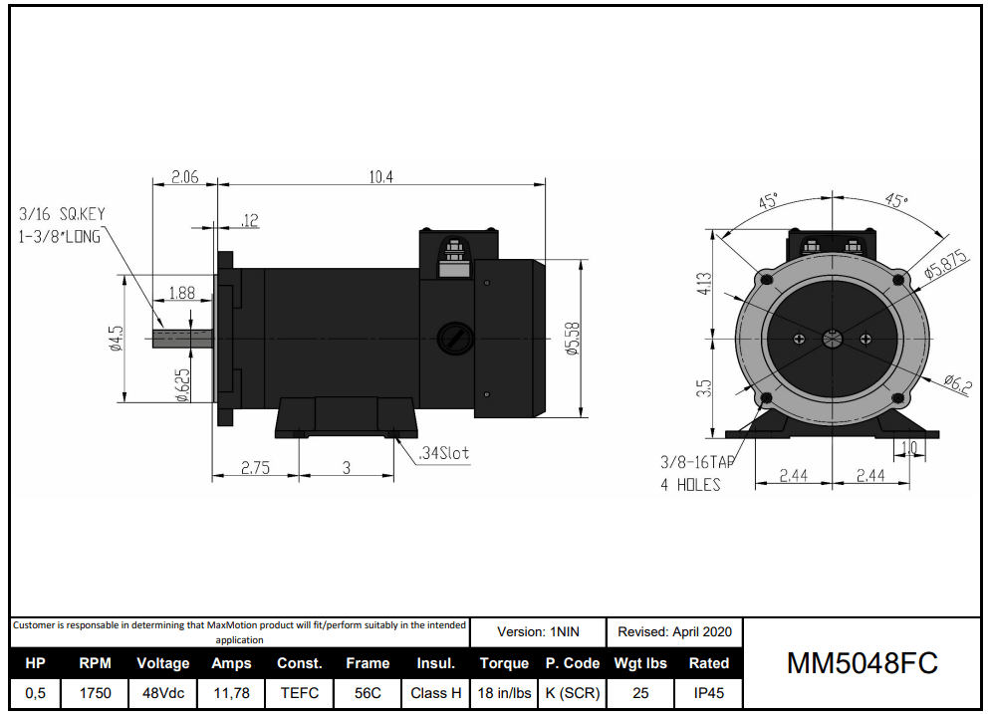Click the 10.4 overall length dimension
click(381, 177)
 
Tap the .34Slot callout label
click(443, 453)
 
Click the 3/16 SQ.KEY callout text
click(62, 214)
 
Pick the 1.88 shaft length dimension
click(182, 293)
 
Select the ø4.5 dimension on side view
click(117, 339)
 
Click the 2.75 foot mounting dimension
click(255, 467)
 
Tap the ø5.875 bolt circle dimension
click(945, 266)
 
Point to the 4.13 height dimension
click(704, 285)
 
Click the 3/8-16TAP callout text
click(697, 462)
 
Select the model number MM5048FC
click(862, 664)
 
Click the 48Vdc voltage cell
click(162, 693)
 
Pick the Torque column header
click(504, 663)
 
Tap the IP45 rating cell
click(708, 693)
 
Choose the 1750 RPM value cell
click(95, 693)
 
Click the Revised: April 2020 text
click(674, 631)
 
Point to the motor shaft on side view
click(184, 339)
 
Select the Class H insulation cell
click(435, 693)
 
